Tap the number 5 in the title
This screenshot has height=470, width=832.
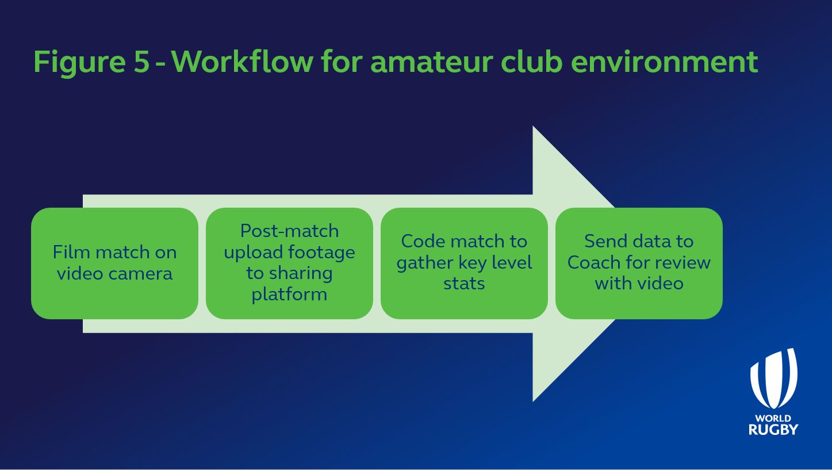tap(141, 61)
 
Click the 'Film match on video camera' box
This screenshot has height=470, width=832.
tap(114, 263)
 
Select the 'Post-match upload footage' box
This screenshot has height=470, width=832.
tap(289, 263)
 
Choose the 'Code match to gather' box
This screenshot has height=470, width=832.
tap(464, 263)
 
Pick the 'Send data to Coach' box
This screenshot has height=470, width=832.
tap(639, 263)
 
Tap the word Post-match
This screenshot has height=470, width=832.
tap(289, 231)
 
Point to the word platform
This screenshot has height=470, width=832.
tap(289, 295)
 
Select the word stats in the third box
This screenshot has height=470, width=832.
tap(464, 284)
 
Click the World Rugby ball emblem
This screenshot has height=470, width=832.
tap(773, 378)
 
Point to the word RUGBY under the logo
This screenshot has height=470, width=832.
tap(773, 429)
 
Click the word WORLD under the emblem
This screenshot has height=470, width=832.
tap(773, 418)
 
